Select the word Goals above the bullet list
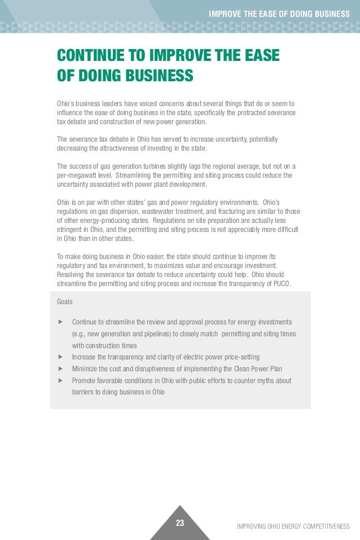point(65,302)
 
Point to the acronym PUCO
point(280,283)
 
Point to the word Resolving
point(71,274)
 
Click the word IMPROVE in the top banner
point(223,14)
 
